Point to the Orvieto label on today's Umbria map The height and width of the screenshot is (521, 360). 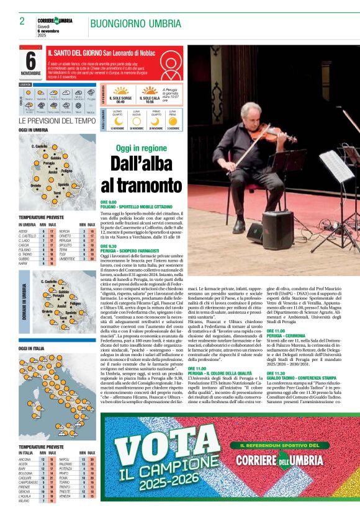click(35, 186)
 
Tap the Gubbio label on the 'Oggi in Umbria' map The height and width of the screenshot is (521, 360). click(56, 159)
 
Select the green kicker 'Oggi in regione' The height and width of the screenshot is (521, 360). click(142, 148)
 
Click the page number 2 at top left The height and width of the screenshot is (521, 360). click(22, 21)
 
